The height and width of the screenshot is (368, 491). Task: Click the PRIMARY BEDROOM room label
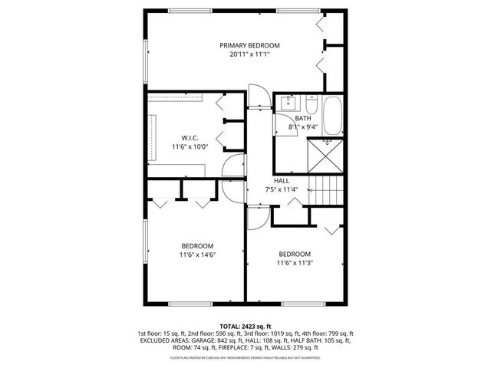[x=249, y=45]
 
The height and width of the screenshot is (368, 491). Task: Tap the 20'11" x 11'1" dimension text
[x=249, y=54]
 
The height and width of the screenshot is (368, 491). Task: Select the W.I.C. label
[x=190, y=137]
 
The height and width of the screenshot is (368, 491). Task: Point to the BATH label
[x=304, y=117]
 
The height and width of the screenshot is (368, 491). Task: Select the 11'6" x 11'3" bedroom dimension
[x=295, y=263]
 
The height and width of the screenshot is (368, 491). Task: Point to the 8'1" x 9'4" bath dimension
[x=304, y=126]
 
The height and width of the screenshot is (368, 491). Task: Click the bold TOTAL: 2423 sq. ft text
[x=245, y=326]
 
